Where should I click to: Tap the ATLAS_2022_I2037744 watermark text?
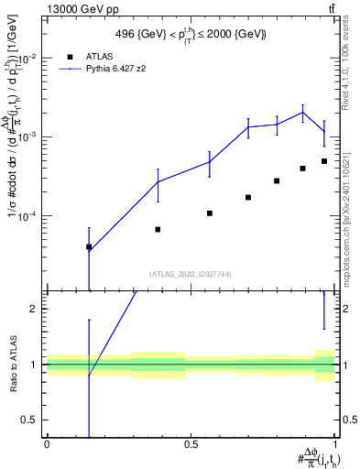(191, 273)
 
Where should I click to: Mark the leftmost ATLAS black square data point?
(89, 246)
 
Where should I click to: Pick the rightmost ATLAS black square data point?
(324, 161)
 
